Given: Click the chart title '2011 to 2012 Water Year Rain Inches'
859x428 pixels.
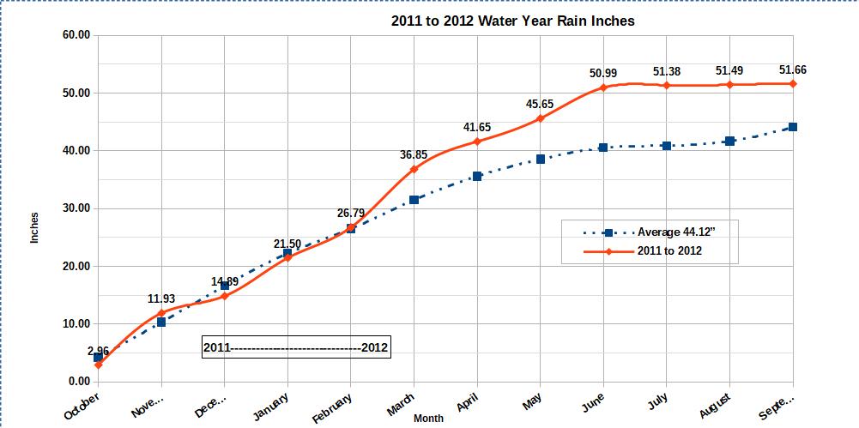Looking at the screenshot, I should (x=512, y=21).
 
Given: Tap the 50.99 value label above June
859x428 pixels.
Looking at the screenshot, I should (x=603, y=73).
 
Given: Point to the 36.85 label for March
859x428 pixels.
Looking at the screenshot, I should (x=414, y=154).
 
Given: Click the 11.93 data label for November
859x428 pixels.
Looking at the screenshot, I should (x=161, y=299).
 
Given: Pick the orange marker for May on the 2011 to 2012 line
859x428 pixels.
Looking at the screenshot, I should (x=540, y=118).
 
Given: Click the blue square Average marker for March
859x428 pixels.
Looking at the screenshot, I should (x=414, y=200).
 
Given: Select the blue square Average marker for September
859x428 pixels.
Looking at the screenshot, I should (x=792, y=127).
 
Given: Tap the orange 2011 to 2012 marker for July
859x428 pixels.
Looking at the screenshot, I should (x=667, y=86).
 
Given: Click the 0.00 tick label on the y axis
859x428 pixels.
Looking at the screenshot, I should (x=77, y=382).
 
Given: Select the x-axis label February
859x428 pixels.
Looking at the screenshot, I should (x=332, y=407).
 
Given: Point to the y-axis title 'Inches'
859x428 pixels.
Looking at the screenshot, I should (x=35, y=227).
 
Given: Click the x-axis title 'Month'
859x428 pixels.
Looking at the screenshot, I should (x=428, y=419).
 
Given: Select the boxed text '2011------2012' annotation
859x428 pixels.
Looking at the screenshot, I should (x=296, y=347).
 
